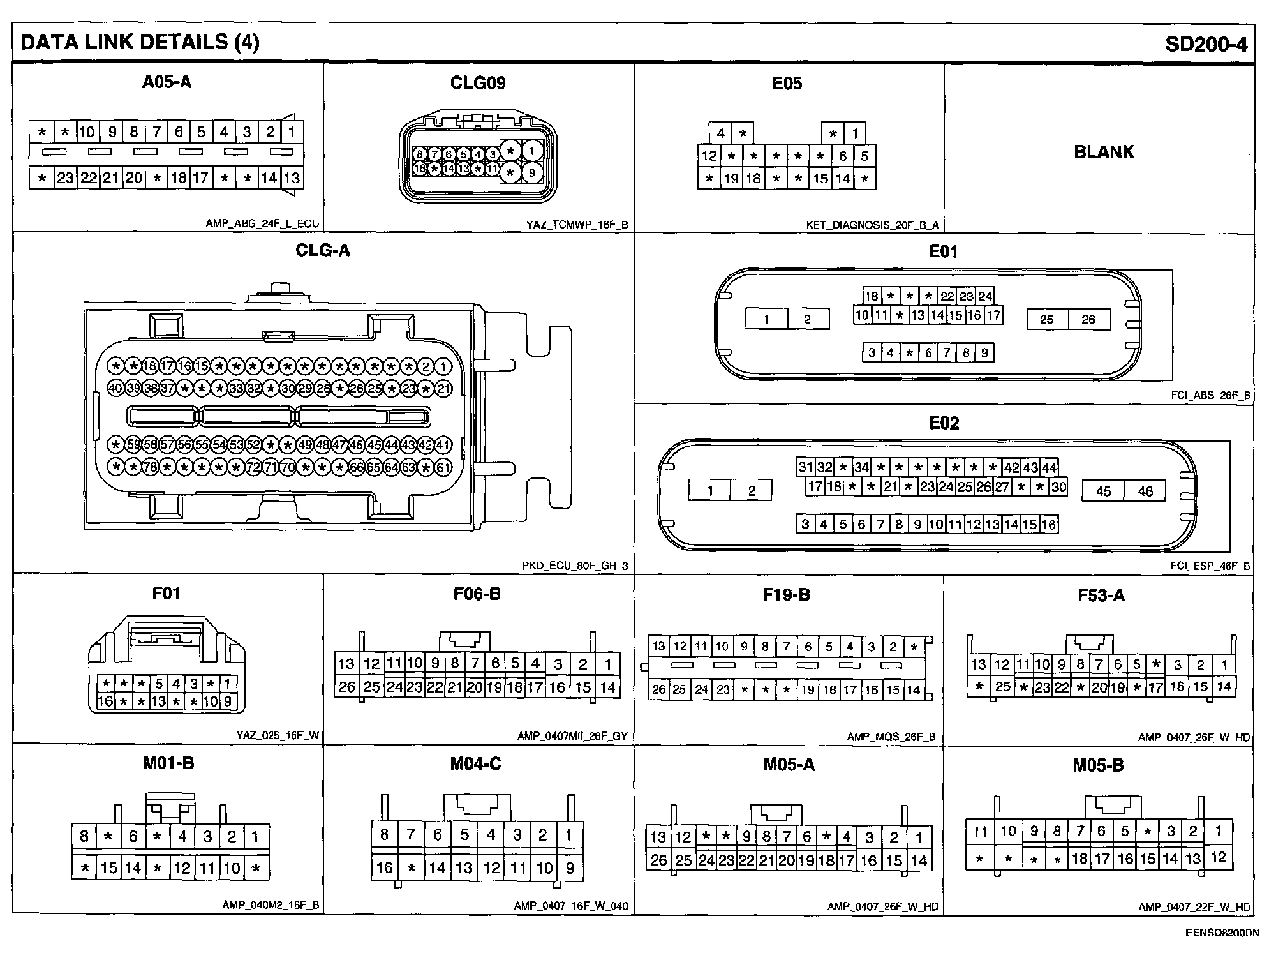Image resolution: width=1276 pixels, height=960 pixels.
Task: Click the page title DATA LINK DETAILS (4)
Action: [140, 42]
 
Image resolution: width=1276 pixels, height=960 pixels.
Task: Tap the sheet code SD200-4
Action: [1206, 43]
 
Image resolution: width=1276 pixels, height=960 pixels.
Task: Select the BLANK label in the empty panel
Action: [1104, 152]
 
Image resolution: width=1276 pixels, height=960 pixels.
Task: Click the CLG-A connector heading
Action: [323, 250]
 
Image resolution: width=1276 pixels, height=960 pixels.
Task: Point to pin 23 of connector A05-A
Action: [65, 177]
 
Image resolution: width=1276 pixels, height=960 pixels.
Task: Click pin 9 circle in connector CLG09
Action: [532, 172]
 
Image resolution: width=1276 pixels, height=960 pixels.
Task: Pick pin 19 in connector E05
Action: [731, 179]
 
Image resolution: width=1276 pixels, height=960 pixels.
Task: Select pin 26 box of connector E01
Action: [1088, 319]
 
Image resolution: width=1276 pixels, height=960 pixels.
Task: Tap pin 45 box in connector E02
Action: [1103, 491]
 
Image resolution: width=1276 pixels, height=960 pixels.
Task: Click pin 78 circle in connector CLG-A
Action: [150, 467]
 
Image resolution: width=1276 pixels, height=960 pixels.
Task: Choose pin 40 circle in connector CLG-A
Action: [115, 388]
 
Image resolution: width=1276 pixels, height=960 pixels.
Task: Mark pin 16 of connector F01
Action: [105, 701]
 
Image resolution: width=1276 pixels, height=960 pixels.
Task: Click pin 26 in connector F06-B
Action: [346, 687]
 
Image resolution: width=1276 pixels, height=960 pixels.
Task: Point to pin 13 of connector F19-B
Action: [658, 647]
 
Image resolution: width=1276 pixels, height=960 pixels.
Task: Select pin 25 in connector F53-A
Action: [1003, 687]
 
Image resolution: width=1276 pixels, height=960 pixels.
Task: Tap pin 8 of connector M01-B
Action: [84, 836]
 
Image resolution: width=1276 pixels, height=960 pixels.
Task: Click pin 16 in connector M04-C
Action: [384, 867]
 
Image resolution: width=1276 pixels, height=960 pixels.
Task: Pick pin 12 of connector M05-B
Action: [1218, 857]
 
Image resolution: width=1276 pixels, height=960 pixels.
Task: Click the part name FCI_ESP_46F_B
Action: [1210, 566]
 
